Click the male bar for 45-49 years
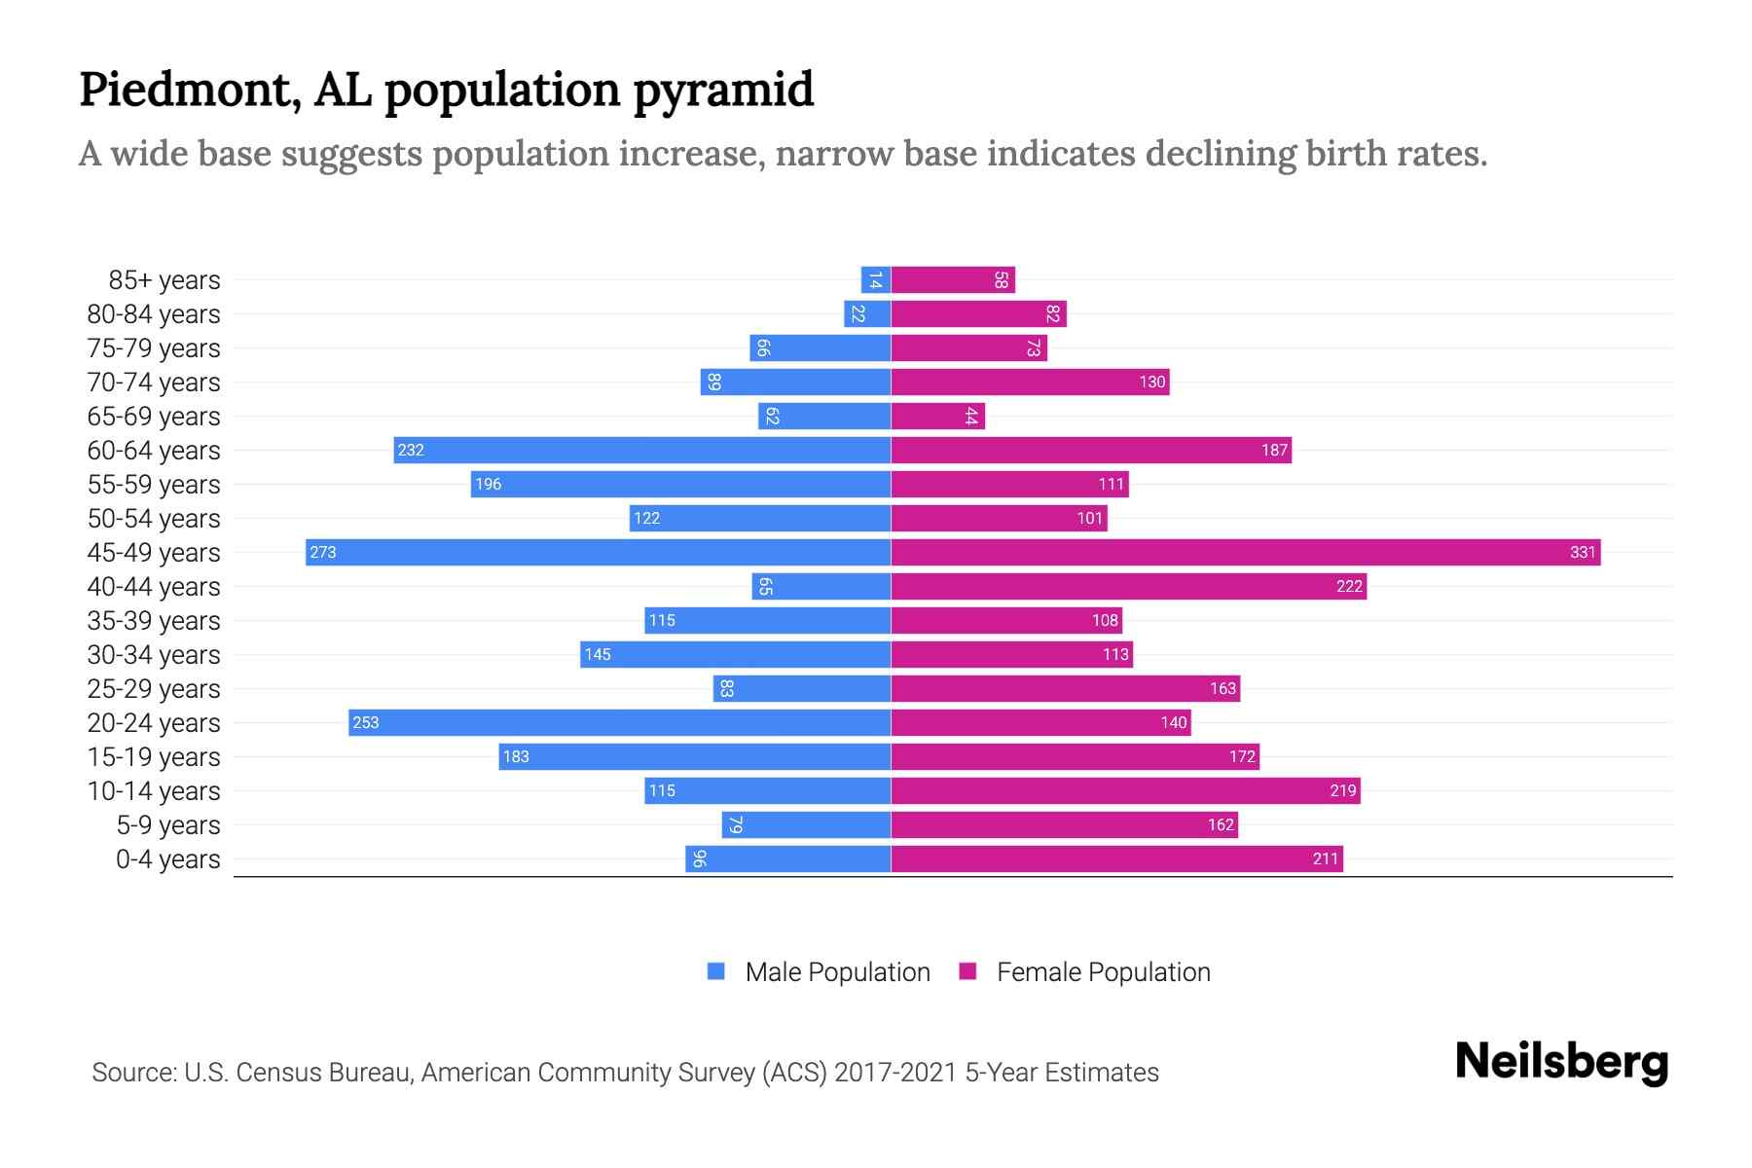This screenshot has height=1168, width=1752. point(598,553)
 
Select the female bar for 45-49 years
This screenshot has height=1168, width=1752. point(1246,553)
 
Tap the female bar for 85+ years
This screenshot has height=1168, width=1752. point(953,280)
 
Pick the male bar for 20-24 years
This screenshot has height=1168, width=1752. point(620,723)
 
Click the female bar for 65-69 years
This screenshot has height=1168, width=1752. point(938,417)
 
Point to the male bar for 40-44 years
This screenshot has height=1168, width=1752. point(821,587)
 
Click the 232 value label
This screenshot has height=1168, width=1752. point(411,451)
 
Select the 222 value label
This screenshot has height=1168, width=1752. point(1349,587)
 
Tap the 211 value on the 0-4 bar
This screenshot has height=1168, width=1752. point(1326,859)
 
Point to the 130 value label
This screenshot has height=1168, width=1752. point(1152,383)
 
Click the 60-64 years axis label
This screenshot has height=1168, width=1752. point(154,451)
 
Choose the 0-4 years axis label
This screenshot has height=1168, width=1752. point(168,859)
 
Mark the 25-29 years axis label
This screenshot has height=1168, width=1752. point(154,689)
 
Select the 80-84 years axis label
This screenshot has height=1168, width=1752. point(154,314)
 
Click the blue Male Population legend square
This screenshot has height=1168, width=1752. point(716,971)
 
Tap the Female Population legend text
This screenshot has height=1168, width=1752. point(1104,972)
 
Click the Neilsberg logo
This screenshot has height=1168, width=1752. point(1561,1062)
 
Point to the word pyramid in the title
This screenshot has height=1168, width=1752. point(723,91)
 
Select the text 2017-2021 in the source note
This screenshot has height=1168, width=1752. point(894,1073)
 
